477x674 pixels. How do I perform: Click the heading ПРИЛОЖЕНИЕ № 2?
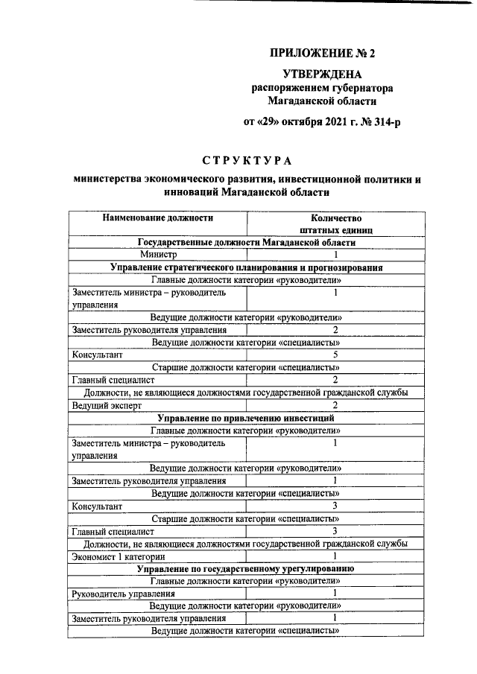(x=323, y=54)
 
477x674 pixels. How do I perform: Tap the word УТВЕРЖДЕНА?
(x=323, y=74)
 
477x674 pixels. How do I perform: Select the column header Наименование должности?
(x=158, y=218)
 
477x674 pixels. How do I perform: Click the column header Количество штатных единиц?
(x=335, y=224)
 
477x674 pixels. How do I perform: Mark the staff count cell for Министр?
(x=335, y=254)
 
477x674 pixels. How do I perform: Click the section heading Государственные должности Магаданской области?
(x=247, y=242)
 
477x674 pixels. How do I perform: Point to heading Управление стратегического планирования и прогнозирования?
(x=247, y=267)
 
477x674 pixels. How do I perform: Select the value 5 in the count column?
(x=335, y=355)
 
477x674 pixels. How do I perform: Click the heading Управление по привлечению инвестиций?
(x=247, y=418)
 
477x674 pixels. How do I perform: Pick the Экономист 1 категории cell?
(x=119, y=556)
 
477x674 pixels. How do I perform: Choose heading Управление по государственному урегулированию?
(x=247, y=568)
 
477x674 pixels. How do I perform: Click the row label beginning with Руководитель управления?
(x=124, y=594)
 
